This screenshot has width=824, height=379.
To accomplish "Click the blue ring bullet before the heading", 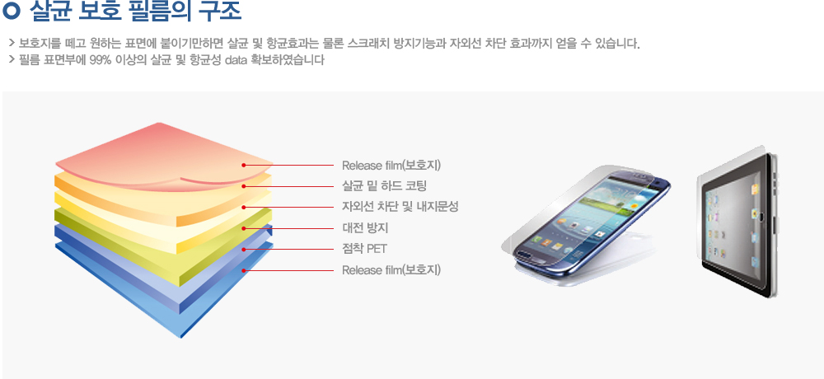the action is (11, 11).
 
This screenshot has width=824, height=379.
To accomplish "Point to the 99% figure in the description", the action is (101, 60).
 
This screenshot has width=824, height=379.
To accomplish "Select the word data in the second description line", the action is (235, 60).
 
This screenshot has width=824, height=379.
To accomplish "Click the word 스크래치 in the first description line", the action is (368, 43).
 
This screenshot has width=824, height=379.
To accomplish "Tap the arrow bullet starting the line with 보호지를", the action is (12, 43).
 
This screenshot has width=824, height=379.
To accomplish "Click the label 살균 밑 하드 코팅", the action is (384, 186).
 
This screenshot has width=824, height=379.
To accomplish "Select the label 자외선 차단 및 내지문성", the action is (400, 207).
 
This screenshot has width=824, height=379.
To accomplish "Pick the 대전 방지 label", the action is (365, 228).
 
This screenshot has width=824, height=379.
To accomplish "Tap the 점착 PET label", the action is (364, 249).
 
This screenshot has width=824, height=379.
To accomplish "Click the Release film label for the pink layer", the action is (391, 165).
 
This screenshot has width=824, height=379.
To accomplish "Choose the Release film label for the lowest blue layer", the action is (391, 270).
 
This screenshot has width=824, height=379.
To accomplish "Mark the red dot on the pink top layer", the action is (244, 165).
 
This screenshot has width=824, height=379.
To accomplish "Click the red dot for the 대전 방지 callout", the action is (244, 228).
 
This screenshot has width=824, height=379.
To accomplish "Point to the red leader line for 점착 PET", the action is (288, 249).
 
